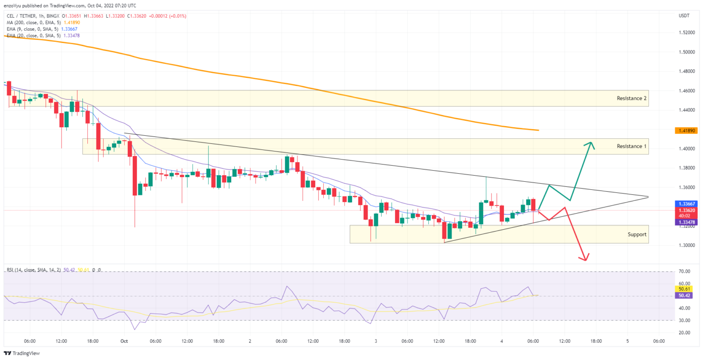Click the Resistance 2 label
631,98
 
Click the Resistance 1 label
631,146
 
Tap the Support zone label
637,234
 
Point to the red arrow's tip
586,260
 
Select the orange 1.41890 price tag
684,131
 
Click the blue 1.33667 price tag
684,203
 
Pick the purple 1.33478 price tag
684,222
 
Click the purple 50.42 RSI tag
684,295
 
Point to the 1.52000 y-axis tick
686,32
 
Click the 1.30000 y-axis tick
686,245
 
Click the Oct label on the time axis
124,341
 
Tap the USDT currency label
684,16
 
